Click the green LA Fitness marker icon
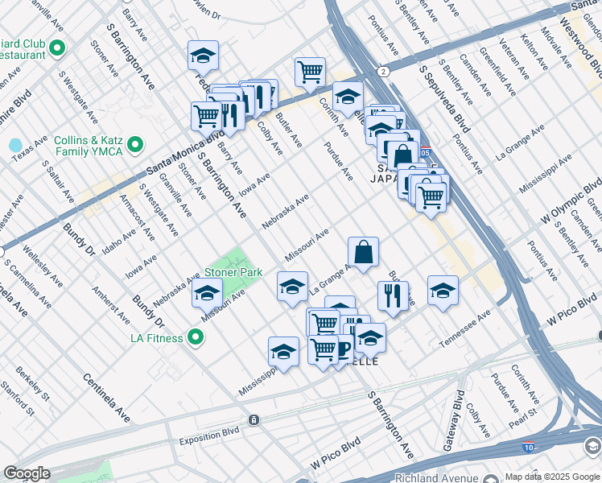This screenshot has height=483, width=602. pos(195,337)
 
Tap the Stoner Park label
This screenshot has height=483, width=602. pos(233,273)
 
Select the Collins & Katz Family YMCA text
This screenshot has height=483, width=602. pos(88,145)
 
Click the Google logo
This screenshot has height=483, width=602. pos(27,473)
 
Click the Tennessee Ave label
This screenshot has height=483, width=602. pos(464,330)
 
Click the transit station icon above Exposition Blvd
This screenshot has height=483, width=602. pos(254,419)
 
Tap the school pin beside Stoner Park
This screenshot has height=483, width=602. pos(207,294)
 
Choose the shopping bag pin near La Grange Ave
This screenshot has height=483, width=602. pos(364,251)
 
